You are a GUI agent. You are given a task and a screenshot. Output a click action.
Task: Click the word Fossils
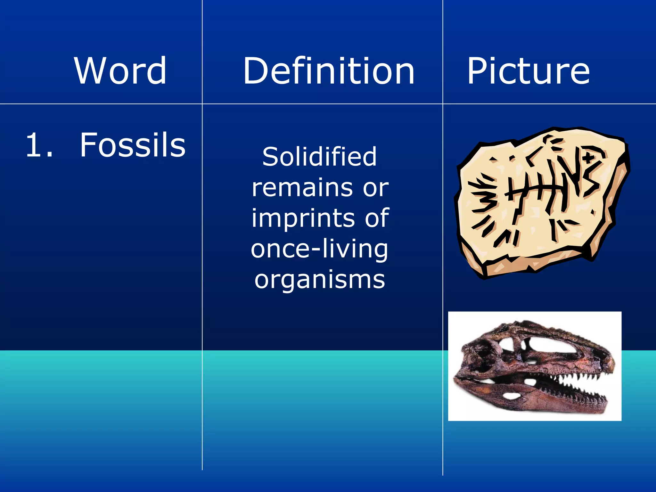click(x=132, y=145)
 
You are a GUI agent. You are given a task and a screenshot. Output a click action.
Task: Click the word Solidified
click(x=319, y=157)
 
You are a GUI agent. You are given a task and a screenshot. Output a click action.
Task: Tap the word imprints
click(x=303, y=218)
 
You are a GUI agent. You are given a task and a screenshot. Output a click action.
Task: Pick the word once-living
click(x=319, y=249)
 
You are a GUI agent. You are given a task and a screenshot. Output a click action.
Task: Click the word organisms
click(x=320, y=279)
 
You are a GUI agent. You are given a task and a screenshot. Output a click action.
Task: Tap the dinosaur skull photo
click(x=534, y=366)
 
